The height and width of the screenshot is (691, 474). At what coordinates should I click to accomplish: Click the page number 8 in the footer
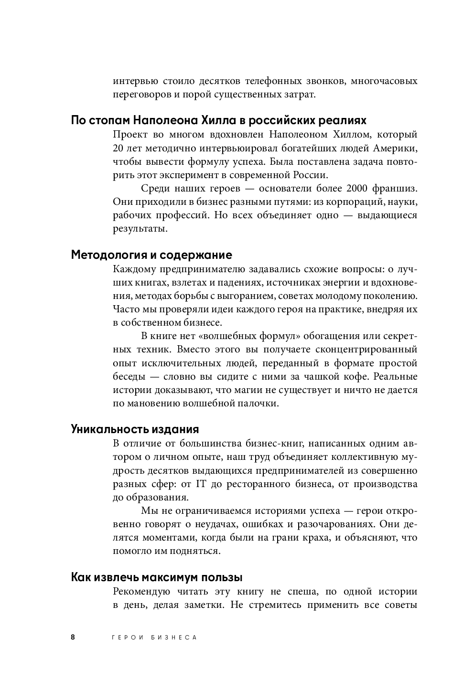[x=73, y=637]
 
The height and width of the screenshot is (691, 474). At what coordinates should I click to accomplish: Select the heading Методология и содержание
[x=151, y=255]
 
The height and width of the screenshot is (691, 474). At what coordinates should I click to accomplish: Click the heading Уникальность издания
[x=135, y=428]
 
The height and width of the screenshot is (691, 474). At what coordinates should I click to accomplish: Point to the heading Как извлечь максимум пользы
[x=157, y=577]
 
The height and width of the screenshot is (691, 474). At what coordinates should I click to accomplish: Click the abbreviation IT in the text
[x=200, y=484]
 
